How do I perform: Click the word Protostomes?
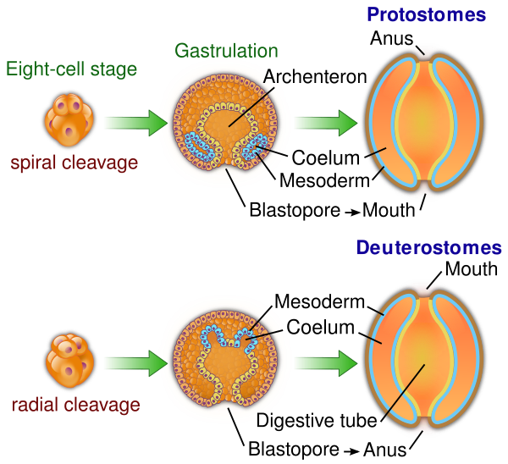(x=426, y=14)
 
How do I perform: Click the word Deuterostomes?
(x=428, y=248)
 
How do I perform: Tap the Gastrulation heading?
(x=226, y=51)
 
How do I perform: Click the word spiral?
(x=33, y=162)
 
